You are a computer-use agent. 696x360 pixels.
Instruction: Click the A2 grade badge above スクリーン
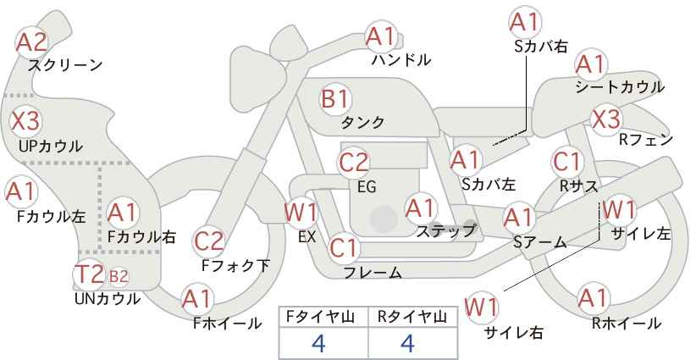[31, 42]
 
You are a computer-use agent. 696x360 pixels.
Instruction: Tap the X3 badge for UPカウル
[25, 121]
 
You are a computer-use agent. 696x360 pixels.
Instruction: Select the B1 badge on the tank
[335, 98]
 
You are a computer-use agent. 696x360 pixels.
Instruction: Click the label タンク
[362, 123]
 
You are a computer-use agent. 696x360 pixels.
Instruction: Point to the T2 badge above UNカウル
[89, 274]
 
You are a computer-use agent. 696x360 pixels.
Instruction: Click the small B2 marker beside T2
[119, 277]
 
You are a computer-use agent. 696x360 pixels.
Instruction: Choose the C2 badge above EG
[353, 163]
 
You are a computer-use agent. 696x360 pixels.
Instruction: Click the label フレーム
[373, 273]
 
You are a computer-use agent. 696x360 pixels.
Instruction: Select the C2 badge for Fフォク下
[208, 242]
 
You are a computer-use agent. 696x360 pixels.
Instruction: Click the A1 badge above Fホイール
[197, 299]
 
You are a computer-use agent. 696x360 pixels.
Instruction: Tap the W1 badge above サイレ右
[481, 307]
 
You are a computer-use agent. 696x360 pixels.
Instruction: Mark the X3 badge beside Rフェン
[606, 119]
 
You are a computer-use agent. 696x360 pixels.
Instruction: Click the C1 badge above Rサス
[567, 162]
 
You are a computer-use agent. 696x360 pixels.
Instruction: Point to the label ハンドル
[401, 60]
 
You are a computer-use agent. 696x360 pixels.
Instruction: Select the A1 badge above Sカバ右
[526, 22]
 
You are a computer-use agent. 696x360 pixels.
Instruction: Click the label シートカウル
[620, 87]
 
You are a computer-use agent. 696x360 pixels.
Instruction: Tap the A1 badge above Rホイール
[593, 298]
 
